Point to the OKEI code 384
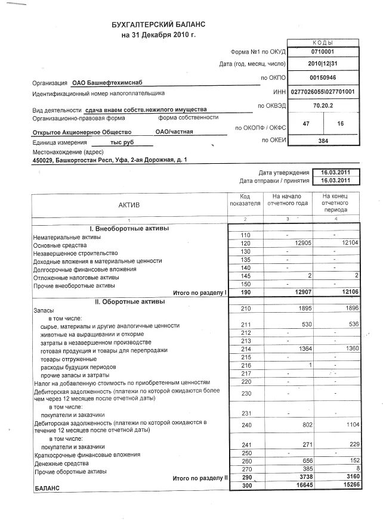click(323, 141)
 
